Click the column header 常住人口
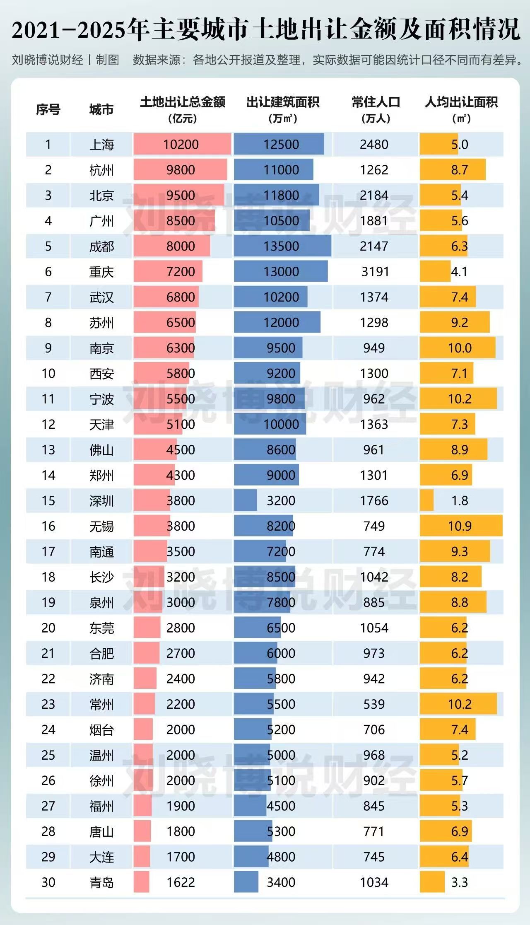376,102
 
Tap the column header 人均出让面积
461,102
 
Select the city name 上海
101,145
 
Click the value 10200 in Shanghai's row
181,145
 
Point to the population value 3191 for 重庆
374,272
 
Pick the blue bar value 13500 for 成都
281,246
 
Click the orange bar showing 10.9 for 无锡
460,526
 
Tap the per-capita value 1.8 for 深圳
460,500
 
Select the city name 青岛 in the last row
101,882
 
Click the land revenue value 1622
181,882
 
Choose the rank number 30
48,882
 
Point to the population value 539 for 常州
374,704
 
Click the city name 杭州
101,170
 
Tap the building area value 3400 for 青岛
281,882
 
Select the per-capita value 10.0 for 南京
460,348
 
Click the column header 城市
101,110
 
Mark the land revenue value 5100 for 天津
181,424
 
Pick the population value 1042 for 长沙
374,577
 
